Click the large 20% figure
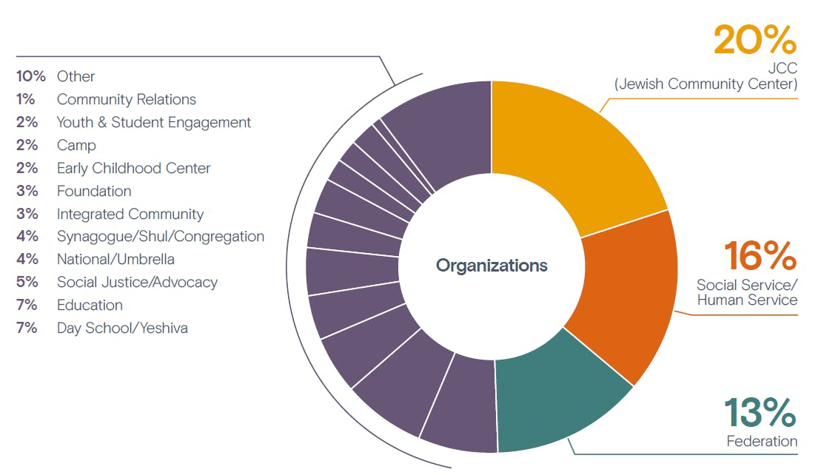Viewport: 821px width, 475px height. (x=754, y=40)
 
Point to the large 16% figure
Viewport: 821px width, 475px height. (x=760, y=255)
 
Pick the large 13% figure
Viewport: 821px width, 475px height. (x=760, y=413)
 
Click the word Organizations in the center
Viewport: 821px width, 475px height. (x=492, y=265)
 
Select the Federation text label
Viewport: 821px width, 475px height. (x=762, y=442)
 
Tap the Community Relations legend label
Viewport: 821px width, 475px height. (x=127, y=99)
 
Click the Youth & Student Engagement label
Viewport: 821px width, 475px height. (x=154, y=122)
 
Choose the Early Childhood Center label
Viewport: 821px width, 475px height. (x=134, y=168)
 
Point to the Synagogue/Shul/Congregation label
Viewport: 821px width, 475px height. (x=161, y=237)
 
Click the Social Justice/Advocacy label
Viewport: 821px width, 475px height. (x=137, y=282)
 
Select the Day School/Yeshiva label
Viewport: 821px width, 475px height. (x=122, y=328)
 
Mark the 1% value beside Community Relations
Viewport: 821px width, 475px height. (x=26, y=99)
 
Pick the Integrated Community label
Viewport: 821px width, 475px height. (x=130, y=214)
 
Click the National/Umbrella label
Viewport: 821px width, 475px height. (x=115, y=259)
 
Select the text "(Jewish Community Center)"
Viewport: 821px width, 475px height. (x=706, y=84)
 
